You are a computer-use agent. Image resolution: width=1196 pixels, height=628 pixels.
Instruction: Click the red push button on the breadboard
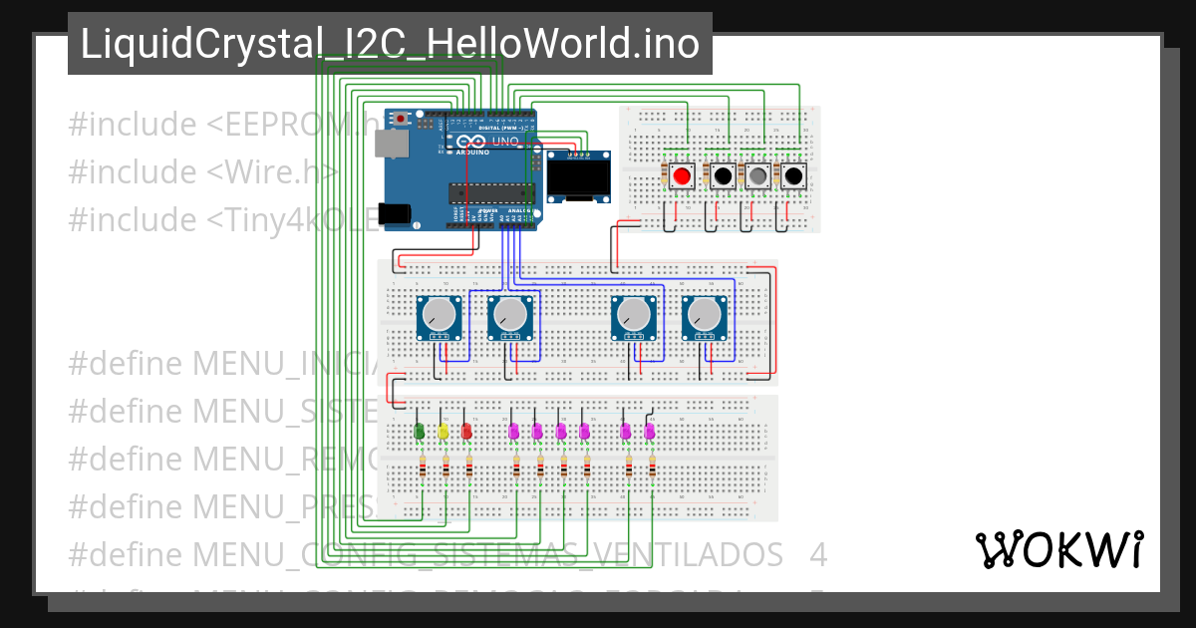pyautogui.click(x=682, y=177)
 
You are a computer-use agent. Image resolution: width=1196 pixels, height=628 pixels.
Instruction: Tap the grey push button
pyautogui.click(x=757, y=177)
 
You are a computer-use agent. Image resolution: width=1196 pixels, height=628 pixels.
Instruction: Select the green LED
pyautogui.click(x=420, y=432)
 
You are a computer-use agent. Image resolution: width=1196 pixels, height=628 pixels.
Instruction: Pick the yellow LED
pyautogui.click(x=444, y=432)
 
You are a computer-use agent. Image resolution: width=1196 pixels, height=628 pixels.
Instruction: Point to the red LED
pyautogui.click(x=466, y=432)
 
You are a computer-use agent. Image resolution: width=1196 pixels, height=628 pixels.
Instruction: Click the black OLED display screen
pyautogui.click(x=578, y=179)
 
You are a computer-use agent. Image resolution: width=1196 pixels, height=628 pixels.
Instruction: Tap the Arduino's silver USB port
pyautogui.click(x=390, y=144)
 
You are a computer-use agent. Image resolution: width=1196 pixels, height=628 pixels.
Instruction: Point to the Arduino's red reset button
pyautogui.click(x=401, y=120)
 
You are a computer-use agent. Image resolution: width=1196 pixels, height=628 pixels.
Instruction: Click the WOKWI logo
pyautogui.click(x=1058, y=549)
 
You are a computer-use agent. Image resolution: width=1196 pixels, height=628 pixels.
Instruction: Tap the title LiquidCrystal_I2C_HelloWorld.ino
pyautogui.click(x=390, y=44)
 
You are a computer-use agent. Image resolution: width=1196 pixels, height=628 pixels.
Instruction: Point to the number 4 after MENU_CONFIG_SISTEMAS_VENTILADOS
pyautogui.click(x=818, y=553)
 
